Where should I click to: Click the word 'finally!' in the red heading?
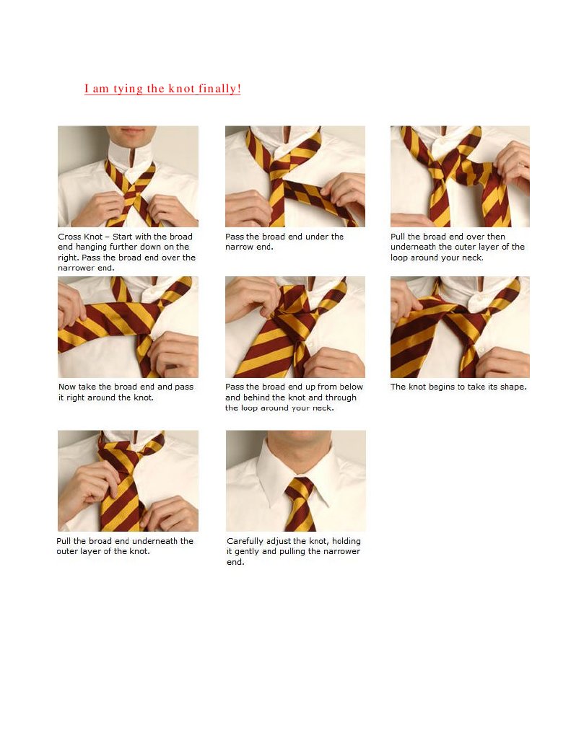point(219,89)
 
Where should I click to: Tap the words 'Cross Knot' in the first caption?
point(80,237)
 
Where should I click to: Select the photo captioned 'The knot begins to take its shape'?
point(460,327)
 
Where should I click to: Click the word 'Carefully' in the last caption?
point(245,541)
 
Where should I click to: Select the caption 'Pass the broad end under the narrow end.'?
point(284,242)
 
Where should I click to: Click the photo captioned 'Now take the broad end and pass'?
point(128,327)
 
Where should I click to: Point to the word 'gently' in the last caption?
point(247,552)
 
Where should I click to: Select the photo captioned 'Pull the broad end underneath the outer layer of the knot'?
point(128,480)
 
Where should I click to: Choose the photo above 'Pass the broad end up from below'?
point(295,327)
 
